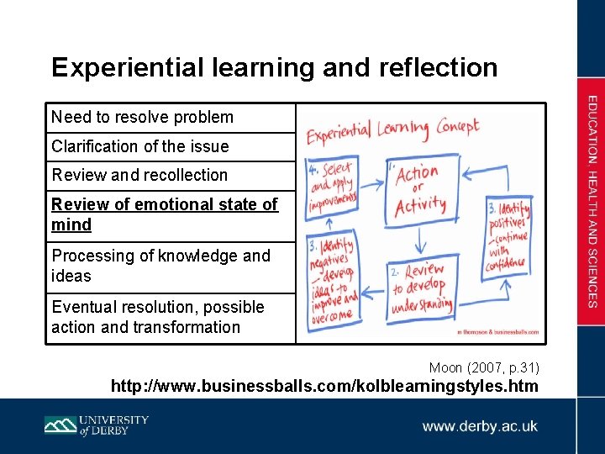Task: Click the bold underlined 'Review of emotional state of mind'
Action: tap(164, 214)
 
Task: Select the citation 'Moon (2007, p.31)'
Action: tap(484, 367)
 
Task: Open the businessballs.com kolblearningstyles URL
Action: tap(325, 386)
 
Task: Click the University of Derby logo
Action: tap(96, 425)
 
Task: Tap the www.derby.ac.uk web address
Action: tap(480, 425)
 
